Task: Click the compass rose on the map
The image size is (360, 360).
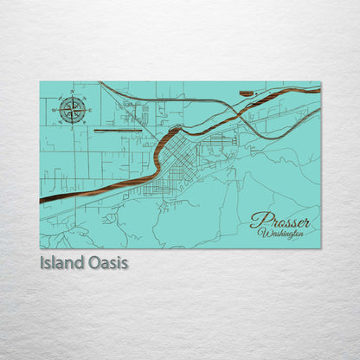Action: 73,109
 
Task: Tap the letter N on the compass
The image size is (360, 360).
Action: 73,93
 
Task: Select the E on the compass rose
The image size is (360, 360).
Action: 89,109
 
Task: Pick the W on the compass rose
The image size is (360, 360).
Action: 55,109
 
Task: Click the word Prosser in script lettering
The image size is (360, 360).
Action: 280,221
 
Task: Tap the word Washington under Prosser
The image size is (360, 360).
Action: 281,234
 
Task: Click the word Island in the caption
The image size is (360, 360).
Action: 61,260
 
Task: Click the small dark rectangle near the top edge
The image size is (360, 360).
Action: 246,93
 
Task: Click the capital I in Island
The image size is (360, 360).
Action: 42,260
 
